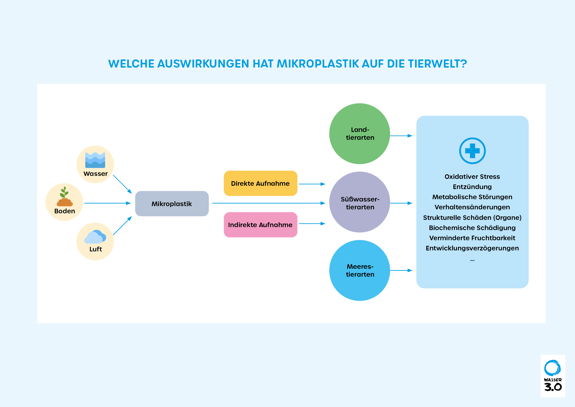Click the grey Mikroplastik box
pyautogui.click(x=172, y=203)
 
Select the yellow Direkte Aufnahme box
pyautogui.click(x=261, y=183)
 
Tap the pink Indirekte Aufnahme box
pyautogui.click(x=261, y=225)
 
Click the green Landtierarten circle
pyautogui.click(x=360, y=134)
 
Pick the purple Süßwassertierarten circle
pyautogui.click(x=360, y=202)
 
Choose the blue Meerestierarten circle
pyautogui.click(x=360, y=270)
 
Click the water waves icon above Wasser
pyautogui.click(x=95, y=160)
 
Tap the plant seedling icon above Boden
pyautogui.click(x=65, y=197)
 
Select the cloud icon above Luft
pyautogui.click(x=95, y=237)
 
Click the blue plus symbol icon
pyautogui.click(x=472, y=151)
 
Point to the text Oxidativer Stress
pyautogui.click(x=472, y=177)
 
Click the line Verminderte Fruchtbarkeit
pyautogui.click(x=472, y=238)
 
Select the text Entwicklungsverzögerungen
pyautogui.click(x=472, y=248)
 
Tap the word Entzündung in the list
pyautogui.click(x=472, y=187)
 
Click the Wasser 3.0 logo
pyautogui.click(x=553, y=376)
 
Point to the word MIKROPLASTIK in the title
pyautogui.click(x=318, y=64)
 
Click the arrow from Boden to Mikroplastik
pyautogui.click(x=108, y=203)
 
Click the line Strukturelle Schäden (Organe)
pyautogui.click(x=472, y=218)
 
